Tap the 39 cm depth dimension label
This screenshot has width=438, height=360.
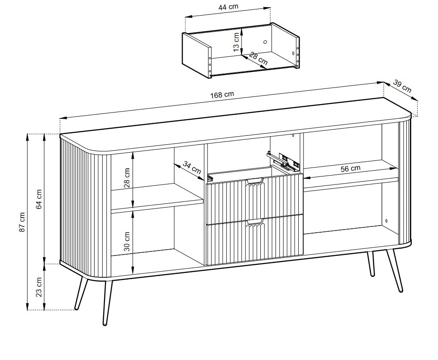point(403,86)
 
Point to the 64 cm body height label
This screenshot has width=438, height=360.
point(39,199)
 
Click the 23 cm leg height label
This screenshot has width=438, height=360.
point(39,287)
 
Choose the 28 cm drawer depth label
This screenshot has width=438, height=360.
point(259,59)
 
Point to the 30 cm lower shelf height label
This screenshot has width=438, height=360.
point(127,241)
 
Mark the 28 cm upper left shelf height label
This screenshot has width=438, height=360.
point(127,178)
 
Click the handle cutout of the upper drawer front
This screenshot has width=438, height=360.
point(254,181)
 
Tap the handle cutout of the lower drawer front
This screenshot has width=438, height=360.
point(254,222)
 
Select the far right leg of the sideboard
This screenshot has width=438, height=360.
point(395,271)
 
